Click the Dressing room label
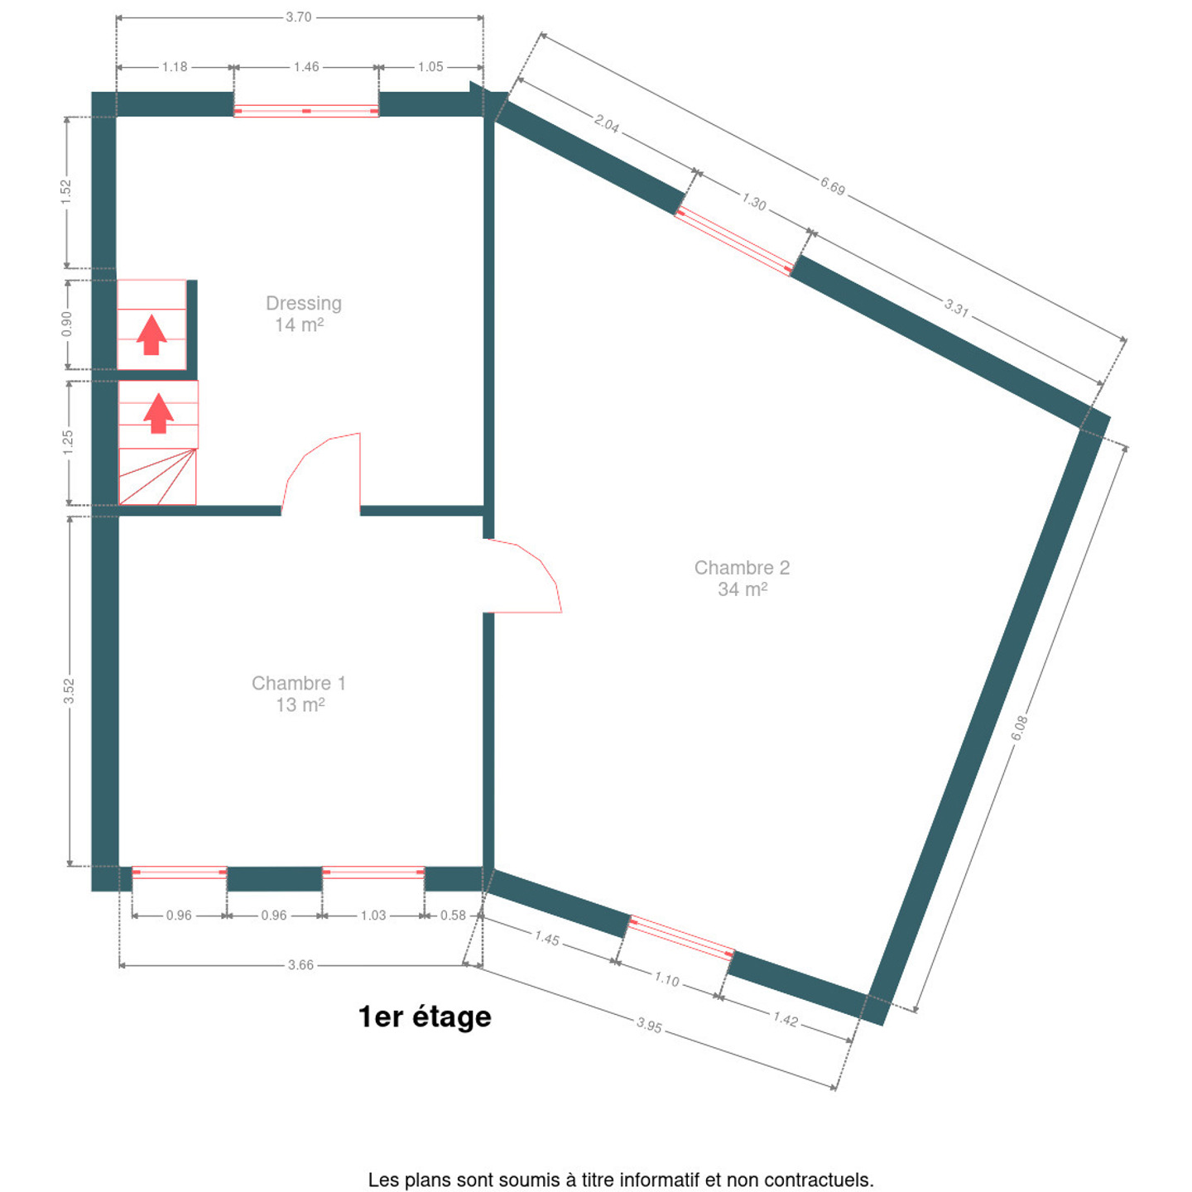pos(304,303)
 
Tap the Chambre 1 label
pos(298,683)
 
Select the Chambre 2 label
pos(742,567)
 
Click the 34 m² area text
pos(743,589)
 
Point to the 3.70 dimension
pos(299,17)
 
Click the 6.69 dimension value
pos(833,185)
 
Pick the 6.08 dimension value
pos(1020,728)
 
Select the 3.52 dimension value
pos(69,691)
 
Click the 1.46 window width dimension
pos(306,67)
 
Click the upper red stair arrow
pos(151,334)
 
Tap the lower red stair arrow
pos(159,413)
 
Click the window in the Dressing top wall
pos(306,111)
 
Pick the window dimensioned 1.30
pos(734,240)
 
